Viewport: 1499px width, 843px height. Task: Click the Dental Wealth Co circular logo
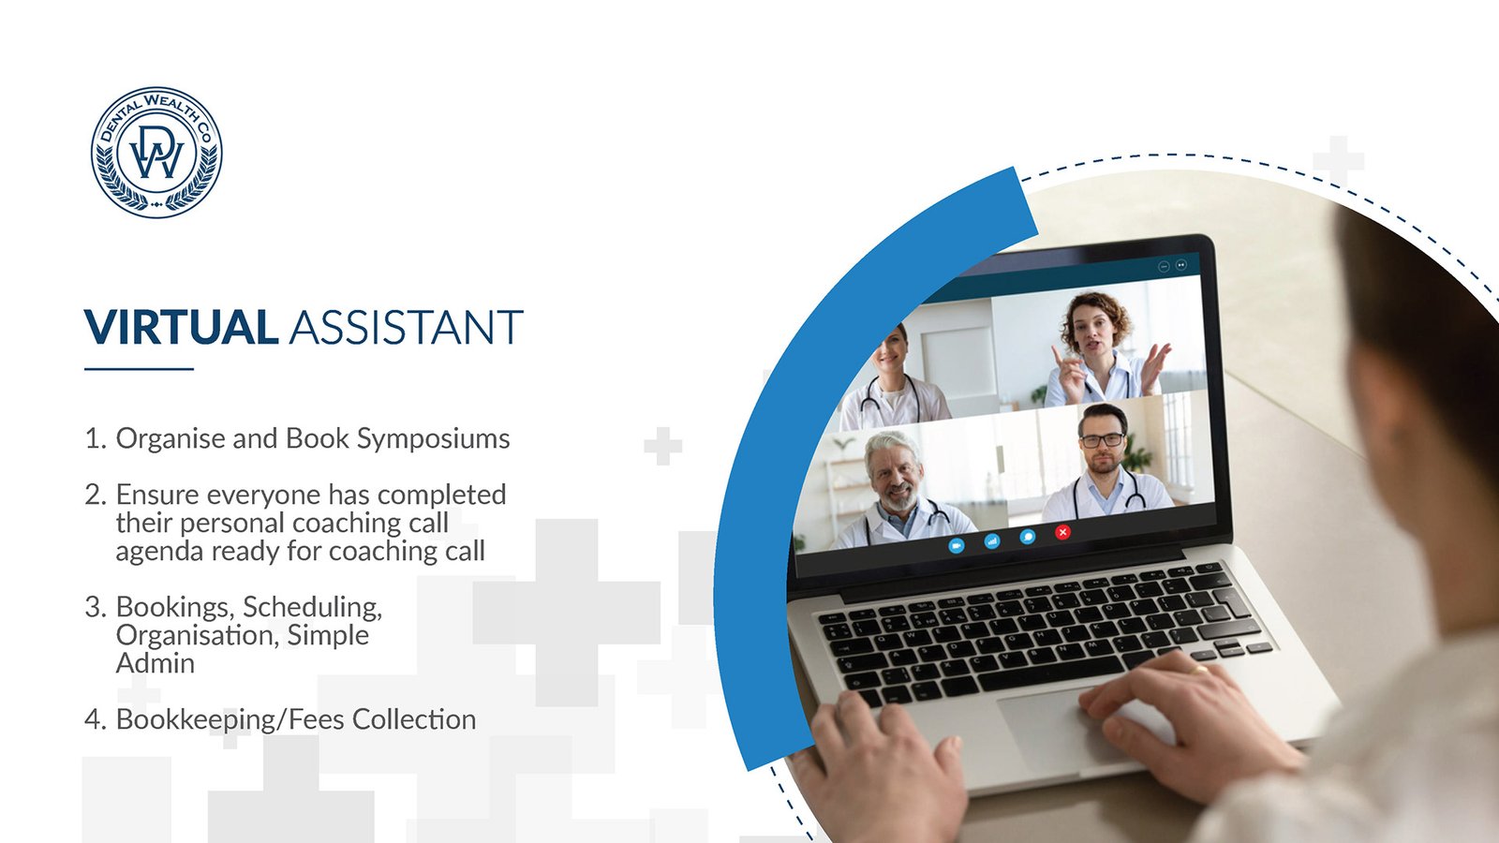coord(156,152)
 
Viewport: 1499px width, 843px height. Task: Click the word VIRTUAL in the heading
coord(182,327)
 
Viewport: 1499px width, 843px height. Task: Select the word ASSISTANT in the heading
coord(407,327)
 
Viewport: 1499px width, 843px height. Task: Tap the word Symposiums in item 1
coord(433,439)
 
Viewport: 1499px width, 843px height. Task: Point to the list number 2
coord(96,495)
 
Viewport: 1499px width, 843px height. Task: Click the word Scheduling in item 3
coord(313,608)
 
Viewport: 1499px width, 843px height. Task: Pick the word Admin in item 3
coord(156,664)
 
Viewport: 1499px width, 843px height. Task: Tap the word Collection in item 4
coord(414,720)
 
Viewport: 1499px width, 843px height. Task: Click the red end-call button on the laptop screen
coord(1062,532)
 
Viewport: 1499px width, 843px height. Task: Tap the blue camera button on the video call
coord(957,545)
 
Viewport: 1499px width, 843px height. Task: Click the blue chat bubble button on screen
coord(1027,537)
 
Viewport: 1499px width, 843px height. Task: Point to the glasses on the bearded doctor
coord(1102,440)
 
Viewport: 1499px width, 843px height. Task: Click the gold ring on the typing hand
coord(1201,669)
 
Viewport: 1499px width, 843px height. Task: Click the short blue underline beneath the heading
coord(140,369)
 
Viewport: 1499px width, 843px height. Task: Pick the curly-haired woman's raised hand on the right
coord(1155,366)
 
